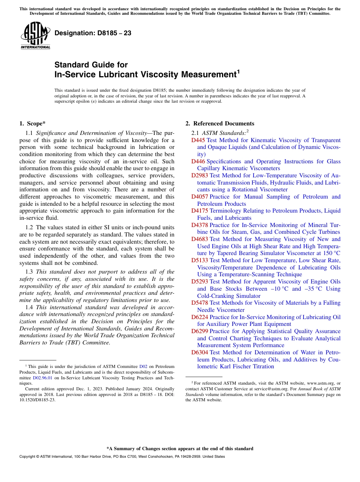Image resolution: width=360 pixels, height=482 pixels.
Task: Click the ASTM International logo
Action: tap(35, 36)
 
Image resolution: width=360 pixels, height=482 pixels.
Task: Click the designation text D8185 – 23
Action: tap(93, 33)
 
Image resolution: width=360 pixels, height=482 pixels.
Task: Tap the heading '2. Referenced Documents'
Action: tap(220, 124)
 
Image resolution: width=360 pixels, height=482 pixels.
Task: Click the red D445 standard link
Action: tap(198, 140)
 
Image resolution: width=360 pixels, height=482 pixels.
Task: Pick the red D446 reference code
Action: tap(198, 161)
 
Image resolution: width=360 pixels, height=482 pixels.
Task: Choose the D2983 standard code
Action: tap(200, 175)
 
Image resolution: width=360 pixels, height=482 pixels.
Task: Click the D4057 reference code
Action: tap(200, 197)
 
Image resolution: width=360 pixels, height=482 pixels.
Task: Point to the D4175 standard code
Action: tap(200, 211)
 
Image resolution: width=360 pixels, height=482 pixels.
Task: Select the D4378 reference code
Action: tap(200, 225)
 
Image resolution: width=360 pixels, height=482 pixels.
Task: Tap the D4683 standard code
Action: tap(200, 239)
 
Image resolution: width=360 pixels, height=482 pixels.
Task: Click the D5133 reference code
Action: tap(200, 260)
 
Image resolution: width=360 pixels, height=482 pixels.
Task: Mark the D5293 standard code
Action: tap(200, 282)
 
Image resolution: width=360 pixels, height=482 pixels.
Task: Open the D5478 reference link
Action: tap(200, 303)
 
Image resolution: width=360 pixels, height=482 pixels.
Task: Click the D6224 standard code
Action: tap(200, 317)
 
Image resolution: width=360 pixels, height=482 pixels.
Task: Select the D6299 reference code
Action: tap(200, 331)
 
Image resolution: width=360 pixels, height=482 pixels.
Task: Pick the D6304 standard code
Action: tap(200, 352)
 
